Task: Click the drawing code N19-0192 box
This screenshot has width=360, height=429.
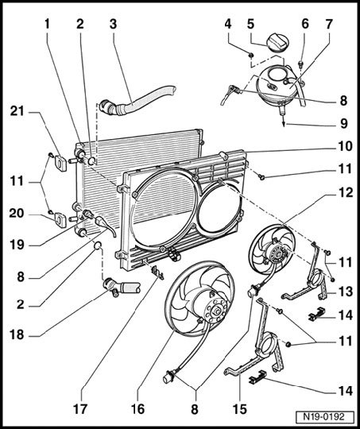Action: pos(323,417)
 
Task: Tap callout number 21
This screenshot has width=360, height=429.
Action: pos(17,111)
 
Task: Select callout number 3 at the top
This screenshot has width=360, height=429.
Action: pos(114,24)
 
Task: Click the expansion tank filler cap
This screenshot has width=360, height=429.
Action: pos(278,42)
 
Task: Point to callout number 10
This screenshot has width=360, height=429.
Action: pos(346,146)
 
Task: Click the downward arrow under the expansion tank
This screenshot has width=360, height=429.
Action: pos(284,120)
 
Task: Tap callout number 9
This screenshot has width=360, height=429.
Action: pos(344,123)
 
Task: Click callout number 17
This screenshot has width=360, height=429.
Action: pos(80,409)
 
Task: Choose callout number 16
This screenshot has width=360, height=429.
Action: pos(137,409)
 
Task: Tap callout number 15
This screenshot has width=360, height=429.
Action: pos(240,409)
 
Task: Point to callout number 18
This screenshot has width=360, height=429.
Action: pos(17,334)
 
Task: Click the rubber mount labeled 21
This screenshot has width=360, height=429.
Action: pos(60,163)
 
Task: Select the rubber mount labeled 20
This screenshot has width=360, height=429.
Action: pos(60,220)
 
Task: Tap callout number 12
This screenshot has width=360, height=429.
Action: pos(346,193)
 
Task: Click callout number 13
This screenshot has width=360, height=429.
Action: pos(346,292)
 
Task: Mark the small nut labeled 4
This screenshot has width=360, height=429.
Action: pos(251,56)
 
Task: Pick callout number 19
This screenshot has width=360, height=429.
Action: pos(17,245)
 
